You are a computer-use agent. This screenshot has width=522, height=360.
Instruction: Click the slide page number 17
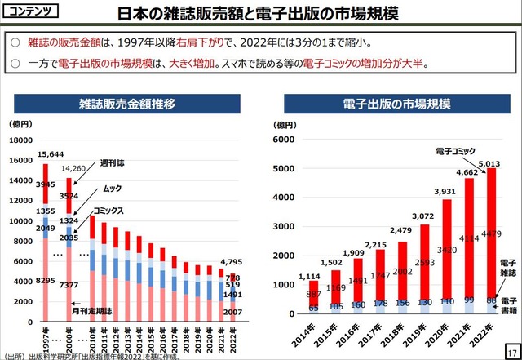(x=512, y=349)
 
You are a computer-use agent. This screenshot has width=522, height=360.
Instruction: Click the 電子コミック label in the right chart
(x=455, y=152)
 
